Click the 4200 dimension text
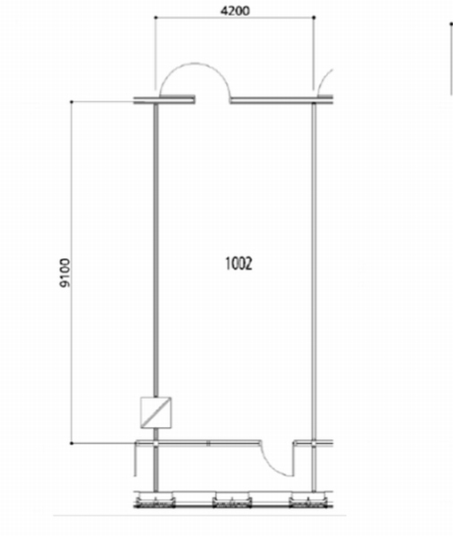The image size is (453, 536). point(235,11)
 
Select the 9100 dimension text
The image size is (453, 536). point(64,272)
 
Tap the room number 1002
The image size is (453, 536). point(239,264)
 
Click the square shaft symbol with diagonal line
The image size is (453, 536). point(155,412)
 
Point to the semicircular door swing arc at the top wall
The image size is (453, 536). point(195,63)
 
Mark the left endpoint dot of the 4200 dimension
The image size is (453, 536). point(155,18)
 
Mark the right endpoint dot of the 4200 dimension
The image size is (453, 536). point(315,18)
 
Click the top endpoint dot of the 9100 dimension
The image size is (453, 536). point(71,102)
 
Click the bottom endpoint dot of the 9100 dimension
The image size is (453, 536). point(71,443)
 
